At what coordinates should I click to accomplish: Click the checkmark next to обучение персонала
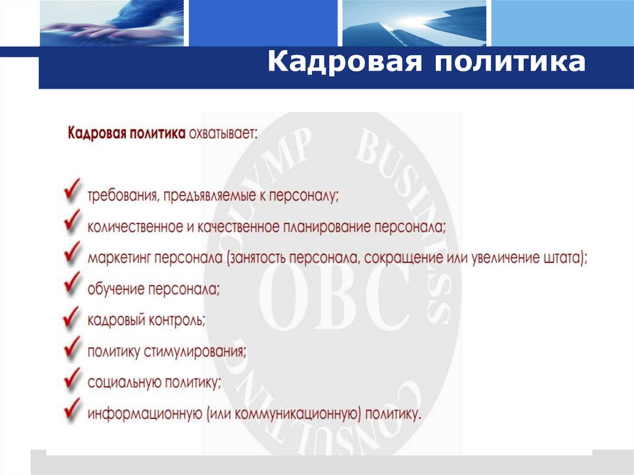[72, 282]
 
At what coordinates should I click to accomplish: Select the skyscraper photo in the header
[415, 23]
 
